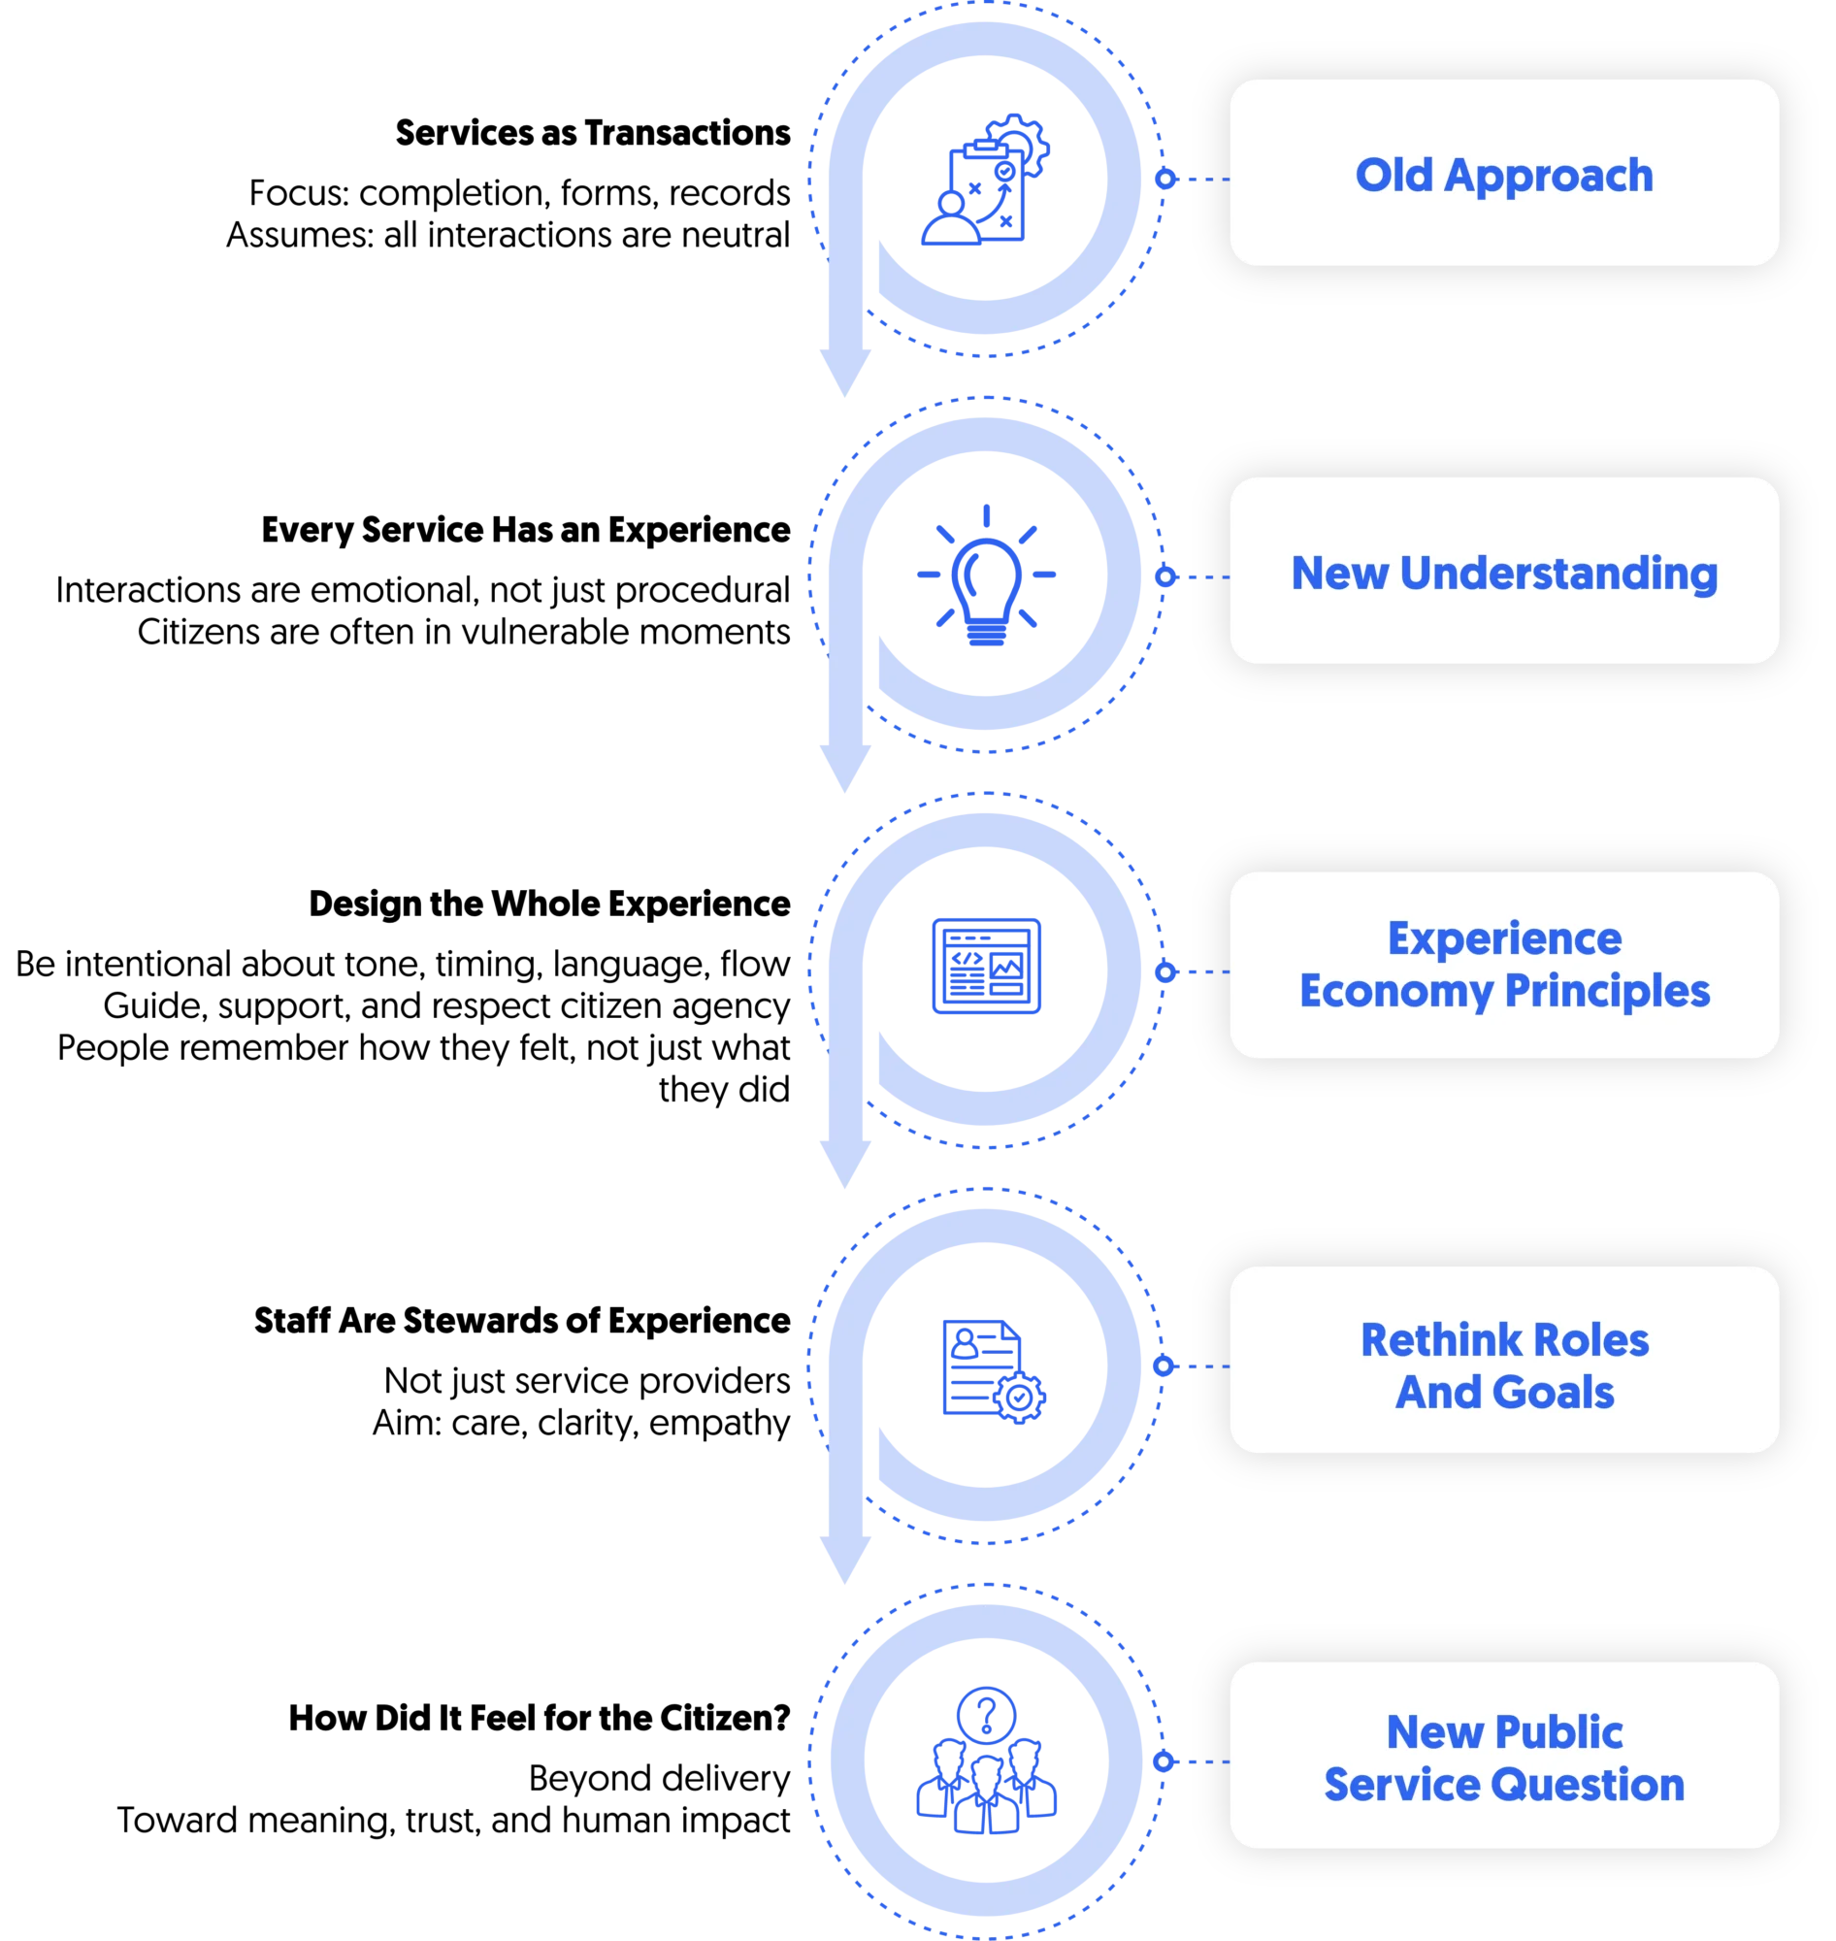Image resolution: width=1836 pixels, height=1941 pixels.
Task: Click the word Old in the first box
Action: click(1393, 177)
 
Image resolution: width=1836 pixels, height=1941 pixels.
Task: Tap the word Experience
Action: click(1504, 938)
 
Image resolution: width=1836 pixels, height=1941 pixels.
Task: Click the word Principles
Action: click(1607, 993)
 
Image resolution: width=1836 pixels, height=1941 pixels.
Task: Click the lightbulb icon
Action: click(988, 576)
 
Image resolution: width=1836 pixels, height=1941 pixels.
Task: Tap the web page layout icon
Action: click(989, 966)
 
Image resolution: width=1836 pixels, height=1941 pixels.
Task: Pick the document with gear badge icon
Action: click(991, 1368)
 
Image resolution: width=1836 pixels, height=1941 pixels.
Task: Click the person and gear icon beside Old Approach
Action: click(985, 181)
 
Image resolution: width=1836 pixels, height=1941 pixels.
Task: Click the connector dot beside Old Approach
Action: click(1164, 180)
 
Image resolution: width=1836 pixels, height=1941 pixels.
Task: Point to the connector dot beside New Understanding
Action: click(1164, 576)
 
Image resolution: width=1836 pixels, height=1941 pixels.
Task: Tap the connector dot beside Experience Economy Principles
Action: click(1164, 972)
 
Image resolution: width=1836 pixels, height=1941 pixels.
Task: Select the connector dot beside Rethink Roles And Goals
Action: click(1164, 1366)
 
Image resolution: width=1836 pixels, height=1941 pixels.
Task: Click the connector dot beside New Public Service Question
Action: click(1164, 1761)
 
